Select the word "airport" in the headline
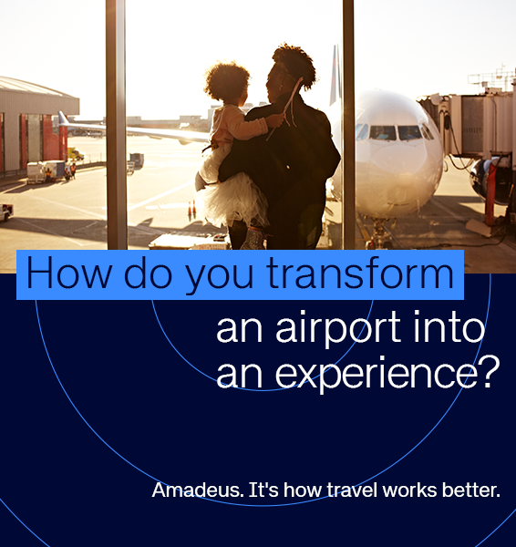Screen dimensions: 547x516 339,329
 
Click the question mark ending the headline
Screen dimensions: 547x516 489,371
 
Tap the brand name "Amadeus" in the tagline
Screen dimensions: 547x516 197,490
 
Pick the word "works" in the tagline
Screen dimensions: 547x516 406,490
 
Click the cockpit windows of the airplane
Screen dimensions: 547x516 397,132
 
